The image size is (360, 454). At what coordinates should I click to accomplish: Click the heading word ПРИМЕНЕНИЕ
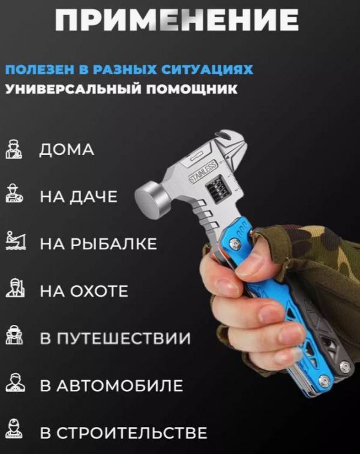coord(176,20)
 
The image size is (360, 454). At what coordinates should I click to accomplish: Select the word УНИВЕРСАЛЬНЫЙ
coord(73,89)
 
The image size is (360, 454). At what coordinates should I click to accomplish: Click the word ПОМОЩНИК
coord(191,89)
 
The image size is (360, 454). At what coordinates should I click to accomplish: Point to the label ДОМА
coord(67,150)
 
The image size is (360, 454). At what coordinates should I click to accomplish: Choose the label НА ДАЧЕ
coord(79,196)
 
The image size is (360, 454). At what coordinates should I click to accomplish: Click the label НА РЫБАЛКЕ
coord(98,243)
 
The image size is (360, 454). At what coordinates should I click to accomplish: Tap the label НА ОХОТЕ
coord(84,291)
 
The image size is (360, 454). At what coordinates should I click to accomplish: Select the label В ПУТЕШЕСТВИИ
coord(115,338)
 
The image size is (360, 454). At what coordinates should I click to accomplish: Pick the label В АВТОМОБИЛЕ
coord(112,386)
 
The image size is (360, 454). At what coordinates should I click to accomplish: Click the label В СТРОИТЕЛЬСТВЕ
coord(124,433)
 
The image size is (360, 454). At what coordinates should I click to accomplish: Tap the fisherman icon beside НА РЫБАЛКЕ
coord(16,240)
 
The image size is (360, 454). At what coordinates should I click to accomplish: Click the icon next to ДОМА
coord(14,150)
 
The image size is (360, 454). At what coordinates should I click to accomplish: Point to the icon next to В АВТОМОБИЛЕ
coord(15,383)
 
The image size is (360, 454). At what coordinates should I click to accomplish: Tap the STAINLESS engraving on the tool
coord(203,172)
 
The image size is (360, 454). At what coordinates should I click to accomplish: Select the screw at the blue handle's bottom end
coord(325,380)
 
